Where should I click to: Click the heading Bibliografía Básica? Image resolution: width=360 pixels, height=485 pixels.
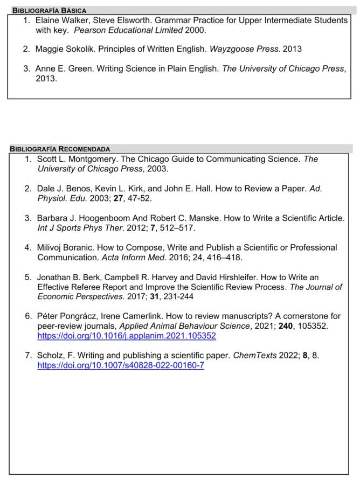point(49,10)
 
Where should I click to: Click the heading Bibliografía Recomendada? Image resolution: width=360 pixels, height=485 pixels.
point(60,149)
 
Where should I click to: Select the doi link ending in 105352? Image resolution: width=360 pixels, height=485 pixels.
point(127,336)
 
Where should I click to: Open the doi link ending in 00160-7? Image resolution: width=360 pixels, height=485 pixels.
point(121,365)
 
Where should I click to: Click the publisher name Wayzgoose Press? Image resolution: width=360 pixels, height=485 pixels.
point(244,49)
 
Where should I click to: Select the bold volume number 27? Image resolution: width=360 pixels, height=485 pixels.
point(119,198)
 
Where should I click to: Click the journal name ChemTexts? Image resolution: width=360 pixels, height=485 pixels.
point(254,356)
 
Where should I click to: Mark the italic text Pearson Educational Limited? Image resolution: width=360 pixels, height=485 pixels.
point(132,30)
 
